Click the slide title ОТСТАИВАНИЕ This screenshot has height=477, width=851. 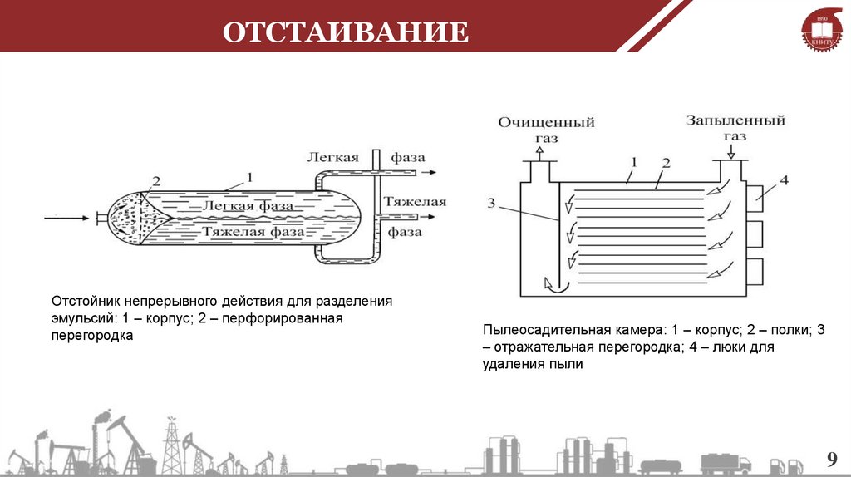pyautogui.click(x=345, y=33)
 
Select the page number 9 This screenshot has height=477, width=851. pyautogui.click(x=829, y=460)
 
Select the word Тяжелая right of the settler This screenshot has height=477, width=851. pyautogui.click(x=415, y=202)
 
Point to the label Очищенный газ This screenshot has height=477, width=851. pyautogui.click(x=546, y=130)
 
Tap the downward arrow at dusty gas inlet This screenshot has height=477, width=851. pyautogui.click(x=731, y=152)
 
